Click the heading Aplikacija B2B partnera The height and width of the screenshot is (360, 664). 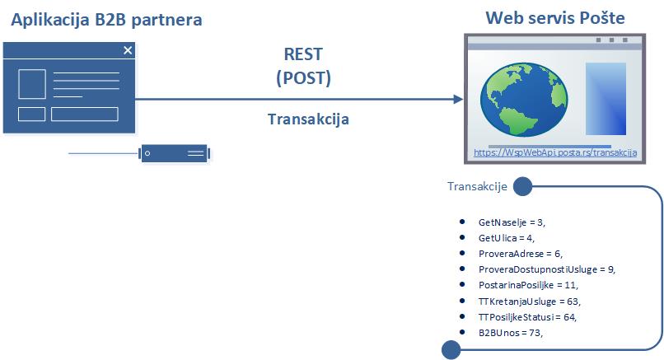(106, 18)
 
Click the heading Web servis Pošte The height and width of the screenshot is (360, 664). (555, 18)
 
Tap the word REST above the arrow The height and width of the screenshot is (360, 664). (303, 56)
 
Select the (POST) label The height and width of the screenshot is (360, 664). (303, 78)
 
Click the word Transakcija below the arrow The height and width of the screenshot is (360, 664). (308, 119)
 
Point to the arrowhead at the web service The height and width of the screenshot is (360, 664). (457, 99)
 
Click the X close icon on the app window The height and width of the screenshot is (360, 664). (128, 51)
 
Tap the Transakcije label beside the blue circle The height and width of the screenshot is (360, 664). (476, 187)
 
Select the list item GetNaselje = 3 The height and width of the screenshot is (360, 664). (512, 222)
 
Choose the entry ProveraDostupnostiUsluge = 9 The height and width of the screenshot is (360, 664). (546, 269)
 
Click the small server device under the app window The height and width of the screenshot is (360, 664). (174, 153)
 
